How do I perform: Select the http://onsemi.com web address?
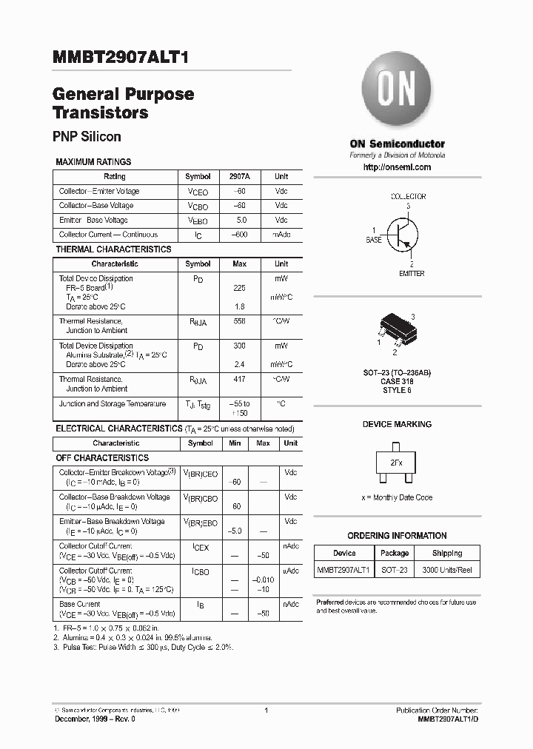tap(397, 167)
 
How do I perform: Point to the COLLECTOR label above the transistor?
tap(408, 197)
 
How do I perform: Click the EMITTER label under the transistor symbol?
tap(411, 274)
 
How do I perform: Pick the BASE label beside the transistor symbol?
tap(374, 241)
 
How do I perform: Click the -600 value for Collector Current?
tap(239, 235)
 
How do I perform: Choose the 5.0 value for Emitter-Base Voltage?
tap(239, 221)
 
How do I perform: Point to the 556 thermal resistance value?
tap(239, 322)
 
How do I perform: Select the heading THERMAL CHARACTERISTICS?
tap(113, 249)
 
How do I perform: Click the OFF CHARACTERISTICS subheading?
tap(102, 457)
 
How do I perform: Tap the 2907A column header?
tap(239, 177)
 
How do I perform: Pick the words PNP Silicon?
tap(87, 136)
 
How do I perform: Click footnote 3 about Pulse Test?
tap(142, 647)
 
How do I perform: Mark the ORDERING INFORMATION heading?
tap(397, 535)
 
